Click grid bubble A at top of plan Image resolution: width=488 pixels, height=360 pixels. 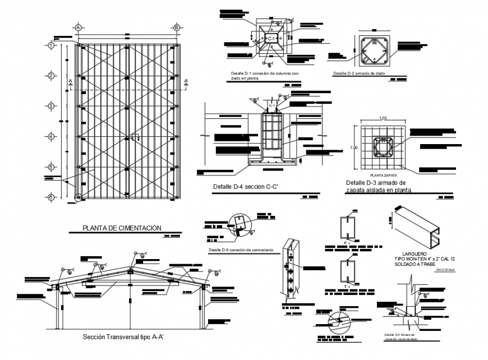click(79, 27)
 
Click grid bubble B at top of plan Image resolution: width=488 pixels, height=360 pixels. click(176, 27)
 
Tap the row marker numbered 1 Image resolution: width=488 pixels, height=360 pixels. click(51, 45)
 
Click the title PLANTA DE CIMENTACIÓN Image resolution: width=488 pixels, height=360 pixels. click(122, 228)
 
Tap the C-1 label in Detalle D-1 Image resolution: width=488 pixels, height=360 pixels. click(271, 38)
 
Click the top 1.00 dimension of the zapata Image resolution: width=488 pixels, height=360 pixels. click(383, 118)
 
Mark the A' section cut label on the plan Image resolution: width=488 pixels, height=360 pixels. click(186, 81)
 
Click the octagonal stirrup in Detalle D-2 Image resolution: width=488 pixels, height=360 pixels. click(374, 49)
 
